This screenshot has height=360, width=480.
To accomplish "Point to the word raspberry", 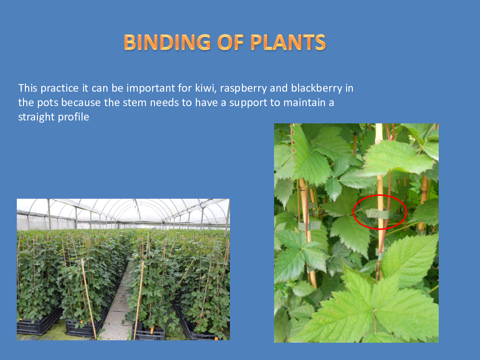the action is [243, 88].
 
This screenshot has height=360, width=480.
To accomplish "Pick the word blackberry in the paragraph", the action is [316, 88].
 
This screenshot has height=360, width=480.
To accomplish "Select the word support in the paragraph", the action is [248, 103].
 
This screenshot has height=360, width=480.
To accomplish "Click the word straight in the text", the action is [32, 117].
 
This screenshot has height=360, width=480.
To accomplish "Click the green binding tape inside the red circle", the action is [377, 214].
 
